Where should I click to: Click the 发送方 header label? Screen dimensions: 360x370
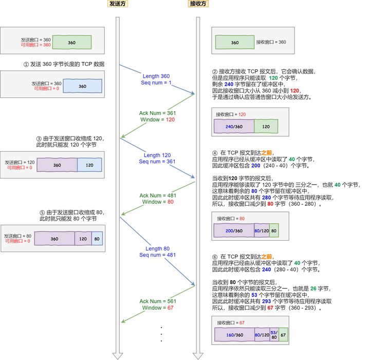(118, 4)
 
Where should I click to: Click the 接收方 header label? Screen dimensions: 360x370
(198, 4)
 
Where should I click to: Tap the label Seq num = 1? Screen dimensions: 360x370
(157, 82)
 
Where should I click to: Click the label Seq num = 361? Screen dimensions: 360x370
(158, 161)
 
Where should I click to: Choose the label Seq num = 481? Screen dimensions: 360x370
(158, 255)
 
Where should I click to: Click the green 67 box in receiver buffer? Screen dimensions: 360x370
(283, 335)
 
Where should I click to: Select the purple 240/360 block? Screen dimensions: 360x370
(234, 125)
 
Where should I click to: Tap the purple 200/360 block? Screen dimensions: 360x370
(234, 231)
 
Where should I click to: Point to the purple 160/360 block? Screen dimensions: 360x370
(234, 335)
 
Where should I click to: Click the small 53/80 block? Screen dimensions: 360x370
(274, 335)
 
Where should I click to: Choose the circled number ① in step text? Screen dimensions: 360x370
(26, 64)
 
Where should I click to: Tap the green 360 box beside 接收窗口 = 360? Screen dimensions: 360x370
(234, 43)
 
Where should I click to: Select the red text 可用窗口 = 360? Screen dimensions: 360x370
(35, 45)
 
